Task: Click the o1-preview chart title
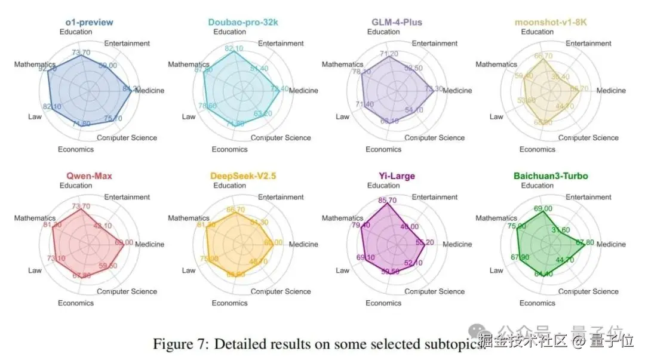coord(89,23)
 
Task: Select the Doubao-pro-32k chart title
coord(243,23)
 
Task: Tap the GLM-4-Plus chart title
coord(397,23)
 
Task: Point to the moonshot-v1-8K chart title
coord(550,23)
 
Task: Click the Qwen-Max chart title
coord(89,176)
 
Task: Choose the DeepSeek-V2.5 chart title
coord(243,176)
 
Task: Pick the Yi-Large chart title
coord(397,176)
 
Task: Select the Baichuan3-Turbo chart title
coord(550,176)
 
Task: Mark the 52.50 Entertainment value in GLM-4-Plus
coord(413,68)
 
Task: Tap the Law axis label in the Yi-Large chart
coord(342,270)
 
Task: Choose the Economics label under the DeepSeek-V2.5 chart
coord(229,303)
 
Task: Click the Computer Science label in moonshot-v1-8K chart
coord(588,138)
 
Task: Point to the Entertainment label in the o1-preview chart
coord(127,44)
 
